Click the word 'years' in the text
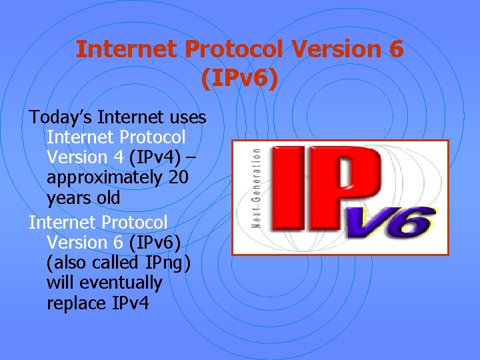(69, 199)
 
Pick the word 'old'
(109, 199)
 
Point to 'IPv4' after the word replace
(130, 303)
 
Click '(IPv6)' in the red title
(239, 79)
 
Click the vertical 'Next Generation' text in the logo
(256, 189)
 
